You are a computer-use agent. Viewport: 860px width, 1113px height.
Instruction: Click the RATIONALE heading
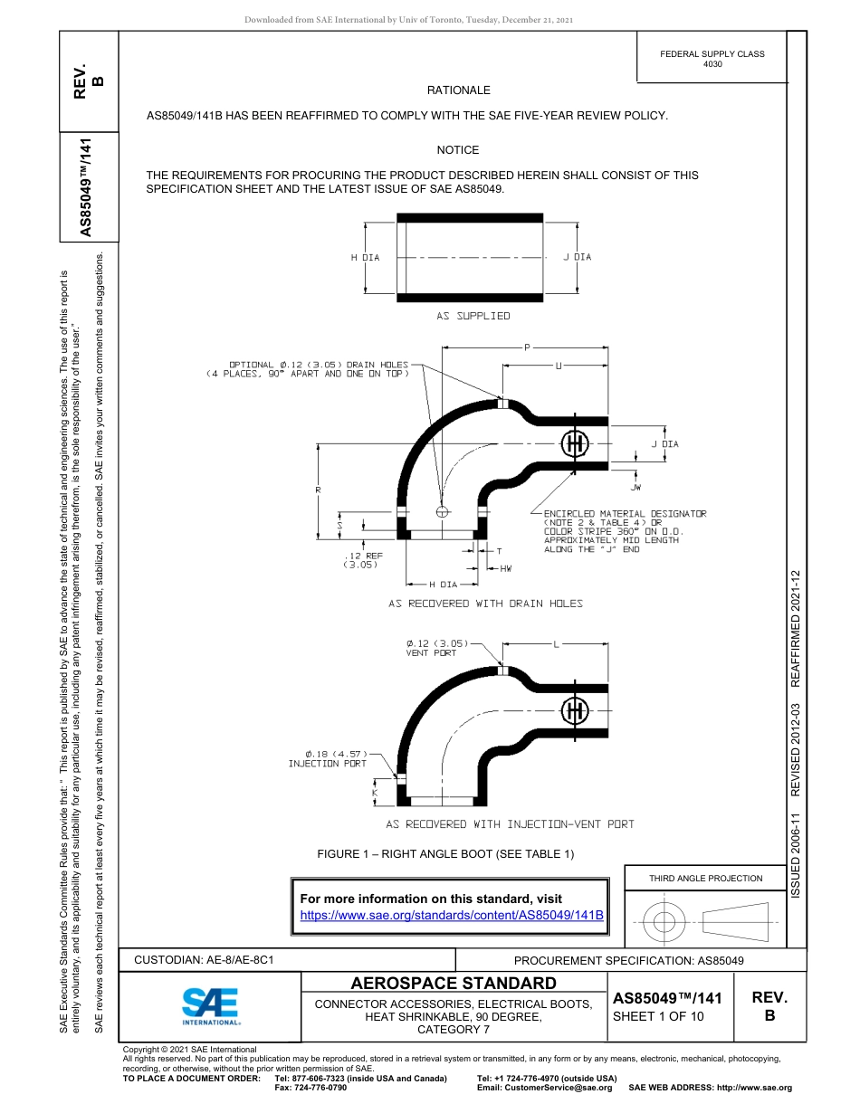tap(458, 90)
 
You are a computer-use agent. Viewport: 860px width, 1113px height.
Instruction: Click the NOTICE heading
tap(458, 150)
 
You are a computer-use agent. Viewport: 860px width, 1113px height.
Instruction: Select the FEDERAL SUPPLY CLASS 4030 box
tap(712, 59)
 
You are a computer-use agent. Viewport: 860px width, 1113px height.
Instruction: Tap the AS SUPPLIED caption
tap(473, 316)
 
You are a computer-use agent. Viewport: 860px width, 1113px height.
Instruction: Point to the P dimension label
tap(527, 347)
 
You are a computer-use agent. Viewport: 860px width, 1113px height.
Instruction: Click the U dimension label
tap(558, 366)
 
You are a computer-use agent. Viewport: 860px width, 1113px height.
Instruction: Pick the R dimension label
tap(319, 490)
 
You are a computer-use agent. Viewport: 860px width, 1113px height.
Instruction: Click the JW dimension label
tap(636, 488)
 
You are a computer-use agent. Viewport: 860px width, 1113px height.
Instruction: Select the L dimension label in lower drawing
tap(556, 644)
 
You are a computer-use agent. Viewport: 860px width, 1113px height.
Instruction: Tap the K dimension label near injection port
tap(375, 793)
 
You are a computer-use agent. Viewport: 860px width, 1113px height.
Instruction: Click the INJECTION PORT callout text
tap(327, 764)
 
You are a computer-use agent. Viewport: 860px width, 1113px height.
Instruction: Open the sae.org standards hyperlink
tap(451, 915)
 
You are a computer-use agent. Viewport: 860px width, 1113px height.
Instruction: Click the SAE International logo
tap(211, 1005)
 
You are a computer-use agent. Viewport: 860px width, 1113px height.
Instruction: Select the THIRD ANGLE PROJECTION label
tap(705, 878)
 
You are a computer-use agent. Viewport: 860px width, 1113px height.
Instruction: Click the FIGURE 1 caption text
tap(444, 854)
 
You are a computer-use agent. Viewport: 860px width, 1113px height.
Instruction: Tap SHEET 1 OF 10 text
tap(657, 1015)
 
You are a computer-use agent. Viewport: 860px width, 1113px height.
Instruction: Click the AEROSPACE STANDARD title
tap(454, 984)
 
